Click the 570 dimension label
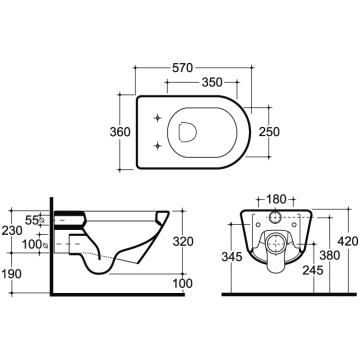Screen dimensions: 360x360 click(x=182, y=68)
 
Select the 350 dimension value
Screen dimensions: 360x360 click(x=212, y=82)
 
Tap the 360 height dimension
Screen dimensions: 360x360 click(x=120, y=132)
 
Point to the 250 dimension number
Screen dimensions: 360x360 click(x=269, y=132)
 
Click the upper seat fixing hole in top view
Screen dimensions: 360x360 click(x=158, y=118)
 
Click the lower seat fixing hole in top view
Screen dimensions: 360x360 click(x=158, y=145)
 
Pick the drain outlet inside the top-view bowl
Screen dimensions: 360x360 click(x=187, y=132)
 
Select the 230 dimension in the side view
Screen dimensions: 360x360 click(x=12, y=230)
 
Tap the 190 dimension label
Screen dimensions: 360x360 click(x=12, y=274)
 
